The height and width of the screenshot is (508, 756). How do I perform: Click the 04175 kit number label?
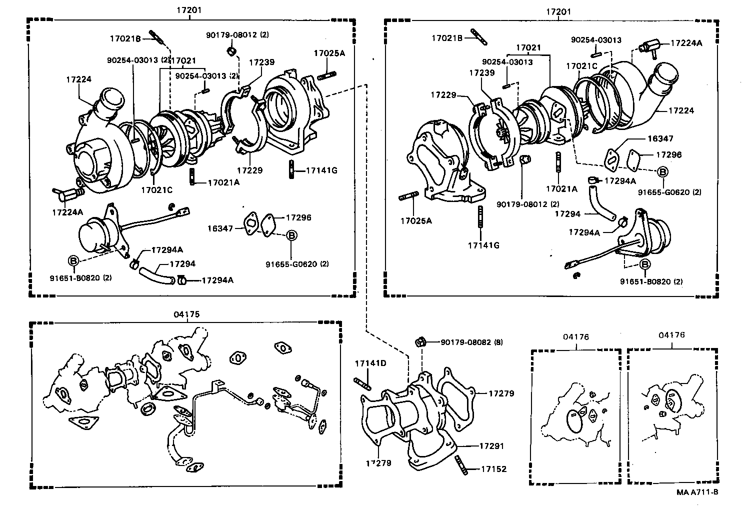(186, 314)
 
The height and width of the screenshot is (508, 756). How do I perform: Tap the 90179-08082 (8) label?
(471, 342)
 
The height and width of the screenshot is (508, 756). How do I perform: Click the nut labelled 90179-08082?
(420, 342)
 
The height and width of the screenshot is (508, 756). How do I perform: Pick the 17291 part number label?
(492, 446)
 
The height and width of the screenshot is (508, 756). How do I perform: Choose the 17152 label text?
(493, 469)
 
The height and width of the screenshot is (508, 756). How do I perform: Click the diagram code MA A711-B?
(697, 492)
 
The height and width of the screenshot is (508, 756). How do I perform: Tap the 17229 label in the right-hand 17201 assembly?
(443, 94)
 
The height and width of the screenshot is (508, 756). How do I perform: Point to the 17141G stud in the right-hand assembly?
(481, 217)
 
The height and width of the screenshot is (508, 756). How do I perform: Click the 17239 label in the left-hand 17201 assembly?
(262, 62)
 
